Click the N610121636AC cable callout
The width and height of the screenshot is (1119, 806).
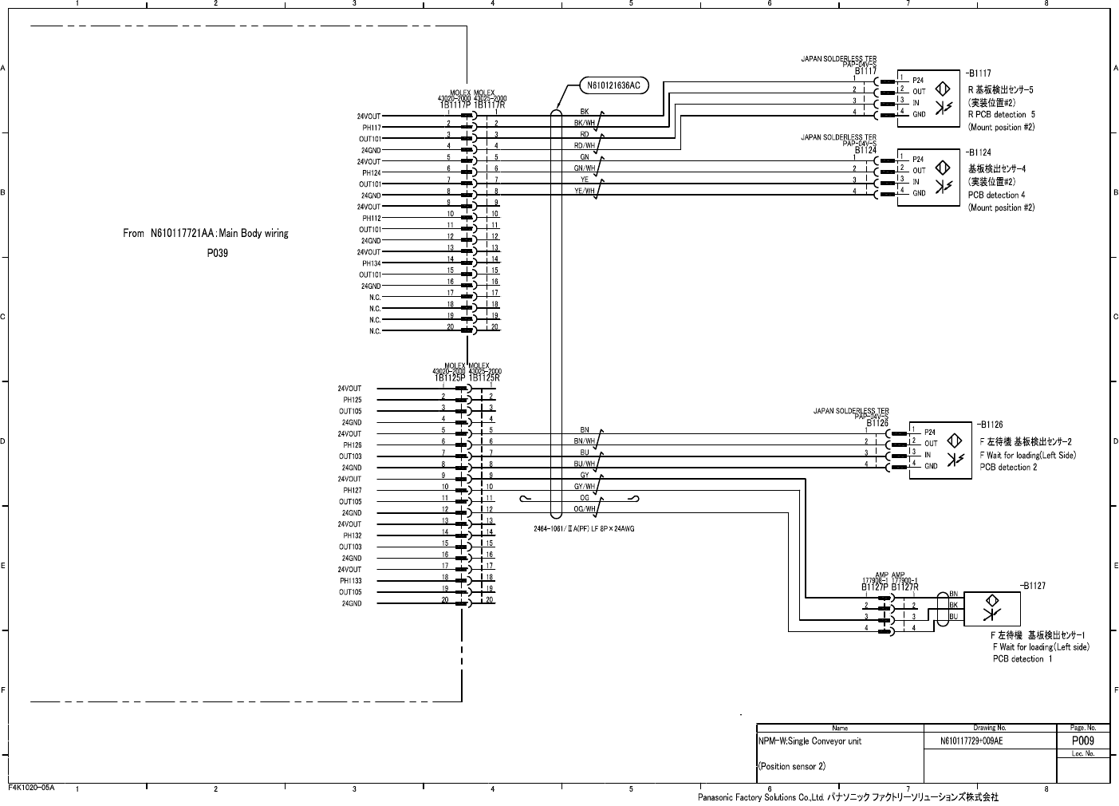tap(613, 85)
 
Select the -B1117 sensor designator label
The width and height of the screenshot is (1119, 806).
tap(979, 73)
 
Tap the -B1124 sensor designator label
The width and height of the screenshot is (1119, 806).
tap(979, 152)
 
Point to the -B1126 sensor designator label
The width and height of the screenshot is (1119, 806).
tap(991, 425)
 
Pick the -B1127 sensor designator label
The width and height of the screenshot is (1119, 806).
tap(1033, 586)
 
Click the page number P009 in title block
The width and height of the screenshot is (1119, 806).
tap(1082, 741)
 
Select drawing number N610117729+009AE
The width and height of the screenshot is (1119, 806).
tap(971, 741)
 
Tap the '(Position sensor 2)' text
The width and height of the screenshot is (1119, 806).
tap(791, 766)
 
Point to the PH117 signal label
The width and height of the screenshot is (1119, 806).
tap(372, 128)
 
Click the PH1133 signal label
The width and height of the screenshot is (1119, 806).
tap(350, 581)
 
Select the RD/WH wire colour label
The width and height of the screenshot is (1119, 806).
tap(585, 146)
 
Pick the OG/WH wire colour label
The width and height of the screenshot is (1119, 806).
tap(585, 509)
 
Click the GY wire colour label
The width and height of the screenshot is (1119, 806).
tap(585, 476)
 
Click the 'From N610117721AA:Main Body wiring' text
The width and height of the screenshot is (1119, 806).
tap(206, 234)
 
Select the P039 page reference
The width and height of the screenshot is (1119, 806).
tap(217, 254)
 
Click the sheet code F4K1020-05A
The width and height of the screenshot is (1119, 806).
tap(31, 788)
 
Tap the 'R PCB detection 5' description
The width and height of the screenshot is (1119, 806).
tap(1001, 115)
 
